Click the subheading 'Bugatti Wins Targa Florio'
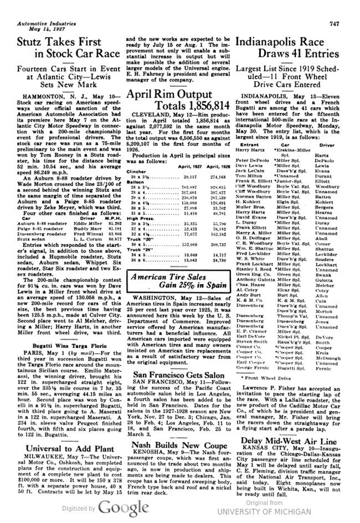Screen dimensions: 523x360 pyautogui.click(x=52, y=328)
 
